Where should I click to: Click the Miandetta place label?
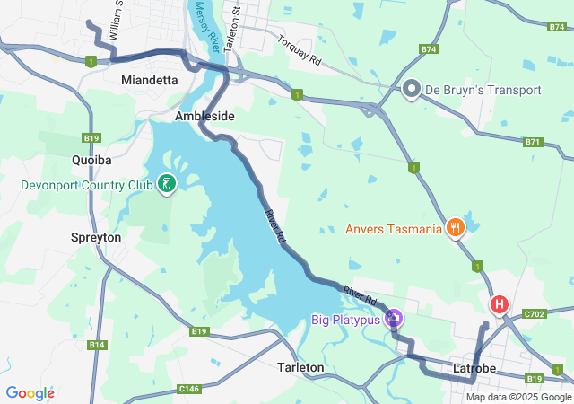tap(149, 81)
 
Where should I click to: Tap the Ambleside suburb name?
tap(204, 117)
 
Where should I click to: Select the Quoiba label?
tap(91, 160)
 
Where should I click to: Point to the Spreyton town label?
tap(95, 237)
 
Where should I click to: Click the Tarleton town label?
tap(300, 368)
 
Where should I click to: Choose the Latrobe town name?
tap(475, 368)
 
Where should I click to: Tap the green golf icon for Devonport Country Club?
tap(166, 185)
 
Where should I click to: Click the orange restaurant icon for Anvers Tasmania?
tap(457, 228)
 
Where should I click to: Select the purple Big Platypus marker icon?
tap(393, 319)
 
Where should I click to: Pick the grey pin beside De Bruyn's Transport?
tap(412, 90)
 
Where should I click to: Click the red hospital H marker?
tap(498, 305)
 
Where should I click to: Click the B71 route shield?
tap(534, 142)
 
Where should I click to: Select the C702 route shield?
tap(534, 314)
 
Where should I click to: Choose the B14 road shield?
tap(98, 345)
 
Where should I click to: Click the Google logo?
tap(30, 393)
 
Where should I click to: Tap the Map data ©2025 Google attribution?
tap(518, 398)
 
